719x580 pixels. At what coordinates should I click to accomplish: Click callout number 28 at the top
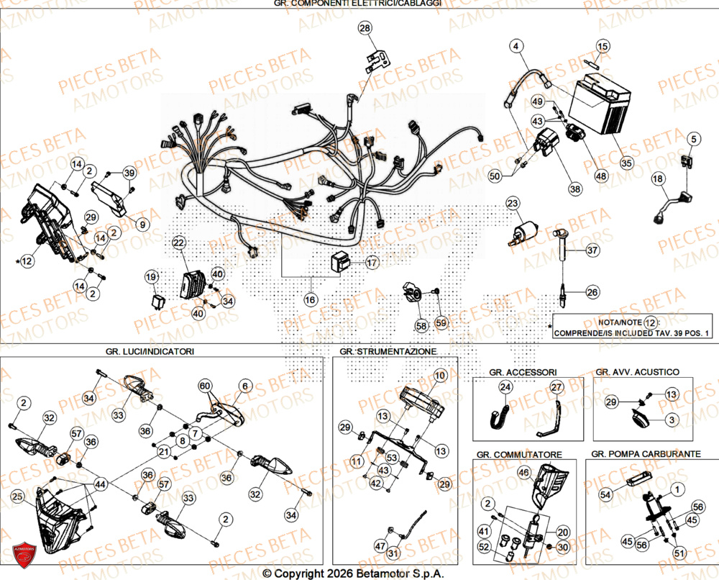(365, 28)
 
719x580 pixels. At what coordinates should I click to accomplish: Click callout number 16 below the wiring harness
(309, 299)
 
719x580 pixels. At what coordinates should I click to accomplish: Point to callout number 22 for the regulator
(178, 243)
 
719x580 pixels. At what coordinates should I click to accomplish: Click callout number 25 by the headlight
(17, 497)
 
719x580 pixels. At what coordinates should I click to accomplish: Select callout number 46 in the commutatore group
(523, 473)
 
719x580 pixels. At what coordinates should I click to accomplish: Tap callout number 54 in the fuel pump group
(605, 495)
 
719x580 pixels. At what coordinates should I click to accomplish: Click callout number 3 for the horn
(670, 419)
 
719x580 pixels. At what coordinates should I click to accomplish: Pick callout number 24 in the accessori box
(505, 387)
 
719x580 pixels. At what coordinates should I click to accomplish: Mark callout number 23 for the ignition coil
(512, 204)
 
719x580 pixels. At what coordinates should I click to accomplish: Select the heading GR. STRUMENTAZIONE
(388, 351)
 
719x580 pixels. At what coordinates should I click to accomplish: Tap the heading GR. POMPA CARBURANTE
(646, 455)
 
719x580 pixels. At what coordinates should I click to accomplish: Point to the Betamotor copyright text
(352, 574)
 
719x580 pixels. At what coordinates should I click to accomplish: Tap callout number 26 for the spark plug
(591, 292)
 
